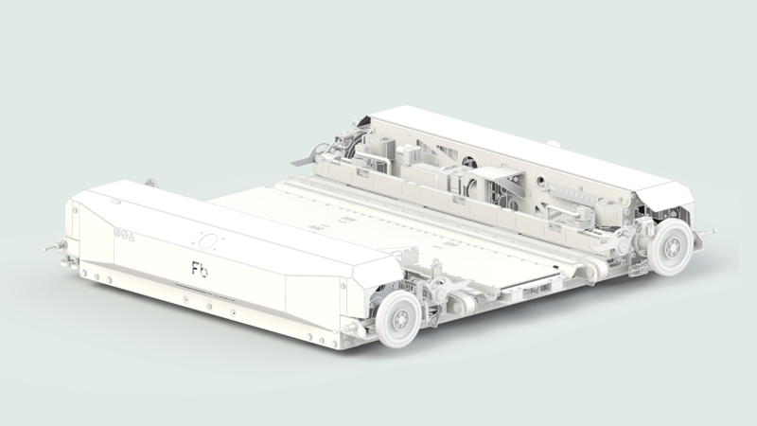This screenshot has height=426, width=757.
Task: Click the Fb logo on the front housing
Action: [x=200, y=270]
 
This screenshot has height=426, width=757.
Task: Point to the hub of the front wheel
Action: [x=398, y=320]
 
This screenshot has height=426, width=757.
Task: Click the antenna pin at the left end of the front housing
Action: [x=52, y=248]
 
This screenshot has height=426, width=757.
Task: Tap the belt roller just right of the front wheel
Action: [x=463, y=304]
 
